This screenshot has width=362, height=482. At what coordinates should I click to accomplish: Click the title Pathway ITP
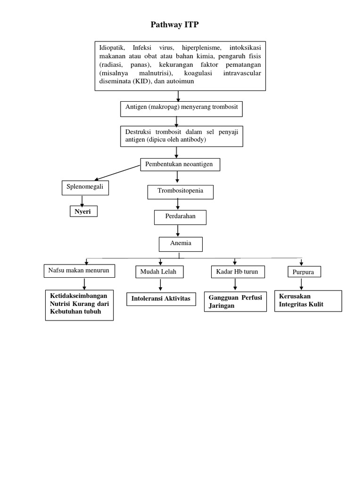175,25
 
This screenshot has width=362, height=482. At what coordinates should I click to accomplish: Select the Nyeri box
83,211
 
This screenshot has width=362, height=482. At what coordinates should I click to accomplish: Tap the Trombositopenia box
180,192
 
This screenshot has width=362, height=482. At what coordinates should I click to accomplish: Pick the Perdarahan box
180,217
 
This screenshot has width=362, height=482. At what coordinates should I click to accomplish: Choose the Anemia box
181,244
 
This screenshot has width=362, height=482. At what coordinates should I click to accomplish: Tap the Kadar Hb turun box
237,272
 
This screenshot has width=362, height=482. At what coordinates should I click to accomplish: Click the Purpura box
304,272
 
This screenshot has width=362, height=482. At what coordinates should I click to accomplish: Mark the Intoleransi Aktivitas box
161,299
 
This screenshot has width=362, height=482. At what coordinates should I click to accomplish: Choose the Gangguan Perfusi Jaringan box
235,302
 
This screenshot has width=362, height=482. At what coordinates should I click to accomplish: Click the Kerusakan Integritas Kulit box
308,301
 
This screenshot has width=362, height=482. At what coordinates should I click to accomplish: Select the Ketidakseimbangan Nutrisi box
79,305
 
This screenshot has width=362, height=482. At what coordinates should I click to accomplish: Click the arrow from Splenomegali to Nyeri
82,200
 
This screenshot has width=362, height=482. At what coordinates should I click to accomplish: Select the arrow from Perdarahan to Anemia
178,230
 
